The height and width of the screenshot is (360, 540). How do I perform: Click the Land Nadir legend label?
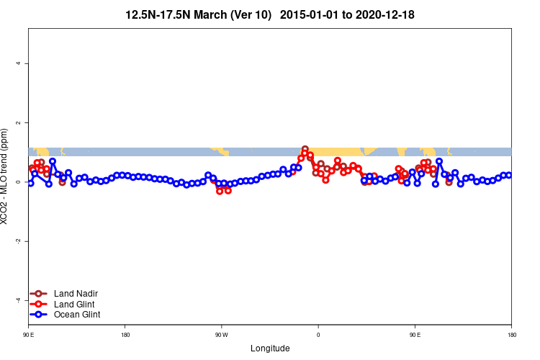pyautogui.click(x=76, y=294)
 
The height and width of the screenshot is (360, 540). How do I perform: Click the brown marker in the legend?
pyautogui.click(x=40, y=294)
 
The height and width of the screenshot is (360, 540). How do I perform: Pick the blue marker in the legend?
pyautogui.click(x=40, y=315)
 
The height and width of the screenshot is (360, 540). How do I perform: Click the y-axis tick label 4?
pyautogui.click(x=18, y=64)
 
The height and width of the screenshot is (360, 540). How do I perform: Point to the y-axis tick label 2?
pyautogui.click(x=18, y=123)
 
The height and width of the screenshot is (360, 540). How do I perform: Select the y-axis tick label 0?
pyautogui.click(x=18, y=182)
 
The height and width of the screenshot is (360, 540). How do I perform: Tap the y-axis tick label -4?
pyautogui.click(x=18, y=300)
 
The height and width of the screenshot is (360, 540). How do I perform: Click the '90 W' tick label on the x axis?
pyautogui.click(x=222, y=336)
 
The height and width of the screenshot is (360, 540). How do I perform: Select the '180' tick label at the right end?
pyautogui.click(x=511, y=336)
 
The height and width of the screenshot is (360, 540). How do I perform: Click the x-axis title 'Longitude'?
pyautogui.click(x=270, y=348)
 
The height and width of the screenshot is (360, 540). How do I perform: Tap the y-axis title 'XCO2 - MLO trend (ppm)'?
pyautogui.click(x=6, y=176)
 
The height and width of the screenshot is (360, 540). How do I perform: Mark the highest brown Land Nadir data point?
pyautogui.click(x=305, y=149)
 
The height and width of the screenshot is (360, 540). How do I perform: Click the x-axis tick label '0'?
pyautogui.click(x=318, y=336)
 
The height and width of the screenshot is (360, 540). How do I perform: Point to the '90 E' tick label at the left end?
pyautogui.click(x=28, y=336)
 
